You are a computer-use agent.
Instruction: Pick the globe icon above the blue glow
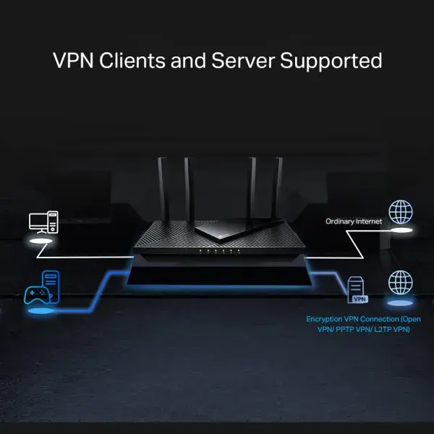401,281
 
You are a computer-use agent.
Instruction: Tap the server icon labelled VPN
357,289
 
